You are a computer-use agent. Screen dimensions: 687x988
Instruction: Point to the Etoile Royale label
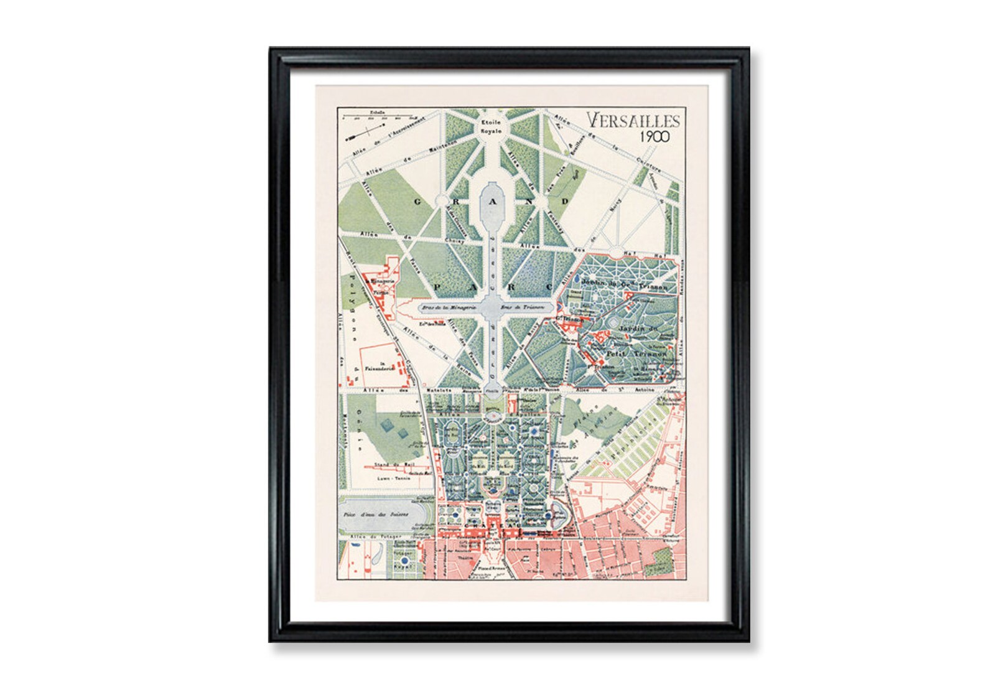[x=490, y=127]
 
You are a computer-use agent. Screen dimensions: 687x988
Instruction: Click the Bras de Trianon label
[x=535, y=307]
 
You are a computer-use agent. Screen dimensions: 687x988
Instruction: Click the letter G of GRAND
[x=418, y=201]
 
